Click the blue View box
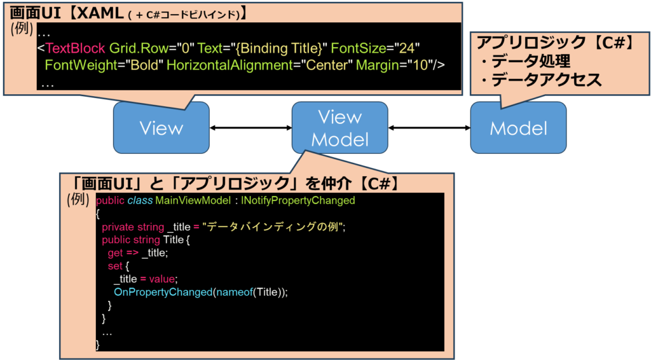(161, 127)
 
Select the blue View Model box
(339, 127)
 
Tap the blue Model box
(518, 127)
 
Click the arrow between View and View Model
(250, 128)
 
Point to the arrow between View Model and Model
(429, 128)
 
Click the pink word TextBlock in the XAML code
(75, 48)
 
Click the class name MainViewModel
(193, 200)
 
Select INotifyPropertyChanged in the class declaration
(298, 200)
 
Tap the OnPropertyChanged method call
(163, 293)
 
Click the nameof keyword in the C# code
(234, 293)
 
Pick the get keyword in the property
(115, 253)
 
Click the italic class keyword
(140, 200)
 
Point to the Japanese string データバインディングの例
(274, 227)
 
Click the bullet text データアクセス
(546, 80)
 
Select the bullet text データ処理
(531, 61)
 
